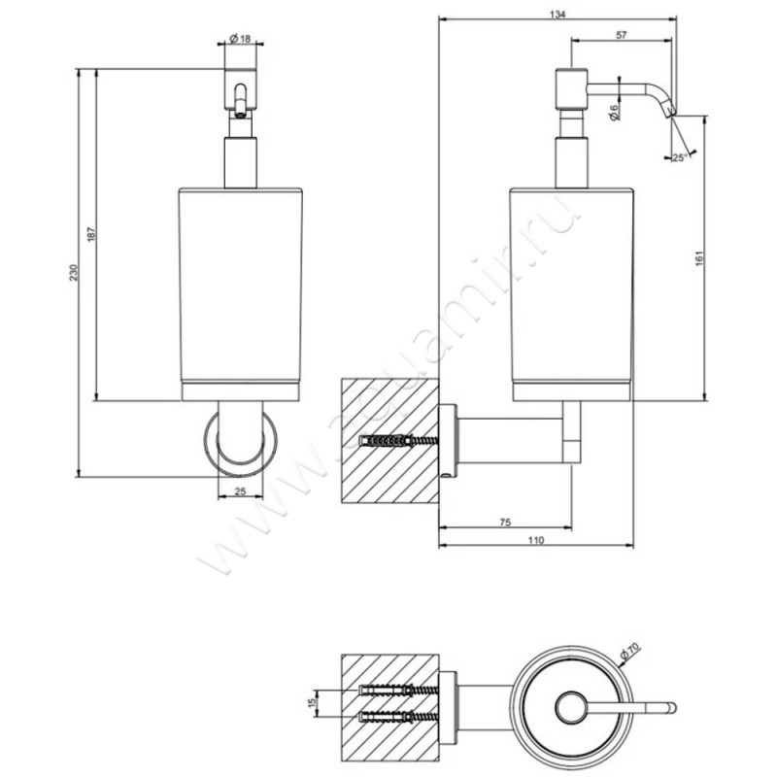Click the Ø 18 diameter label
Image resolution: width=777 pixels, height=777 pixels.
[240, 39]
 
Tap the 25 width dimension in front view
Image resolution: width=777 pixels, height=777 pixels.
[240, 491]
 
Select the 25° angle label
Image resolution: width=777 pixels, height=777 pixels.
[678, 155]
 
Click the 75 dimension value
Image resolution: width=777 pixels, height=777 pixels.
[505, 523]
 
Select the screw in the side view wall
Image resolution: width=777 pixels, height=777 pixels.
[398, 441]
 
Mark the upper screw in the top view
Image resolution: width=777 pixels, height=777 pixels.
[398, 691]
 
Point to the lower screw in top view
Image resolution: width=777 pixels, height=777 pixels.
[398, 719]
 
